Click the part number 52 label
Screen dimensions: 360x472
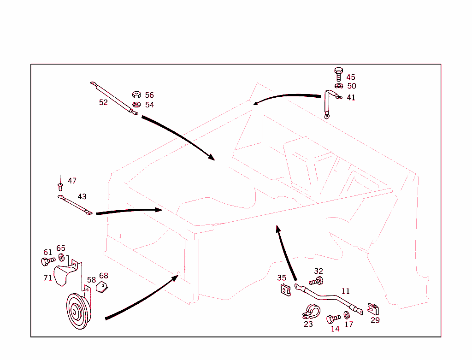tap(103, 102)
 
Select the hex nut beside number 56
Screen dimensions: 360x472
tap(136, 95)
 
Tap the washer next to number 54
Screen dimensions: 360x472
tap(136, 105)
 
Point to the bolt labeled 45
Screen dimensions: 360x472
tap(338, 73)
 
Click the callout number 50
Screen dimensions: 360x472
tap(352, 86)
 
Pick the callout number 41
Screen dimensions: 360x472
tap(351, 98)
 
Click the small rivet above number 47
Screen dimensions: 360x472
tap(60, 185)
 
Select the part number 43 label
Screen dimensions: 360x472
tap(82, 197)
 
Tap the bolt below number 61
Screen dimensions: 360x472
tap(47, 261)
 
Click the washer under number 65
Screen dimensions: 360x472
tap(61, 257)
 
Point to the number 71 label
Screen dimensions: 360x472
tap(47, 278)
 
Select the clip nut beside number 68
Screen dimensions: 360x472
tap(102, 287)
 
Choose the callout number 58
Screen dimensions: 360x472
tap(91, 280)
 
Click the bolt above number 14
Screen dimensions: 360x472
tap(333, 319)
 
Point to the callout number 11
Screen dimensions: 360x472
tap(346, 291)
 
